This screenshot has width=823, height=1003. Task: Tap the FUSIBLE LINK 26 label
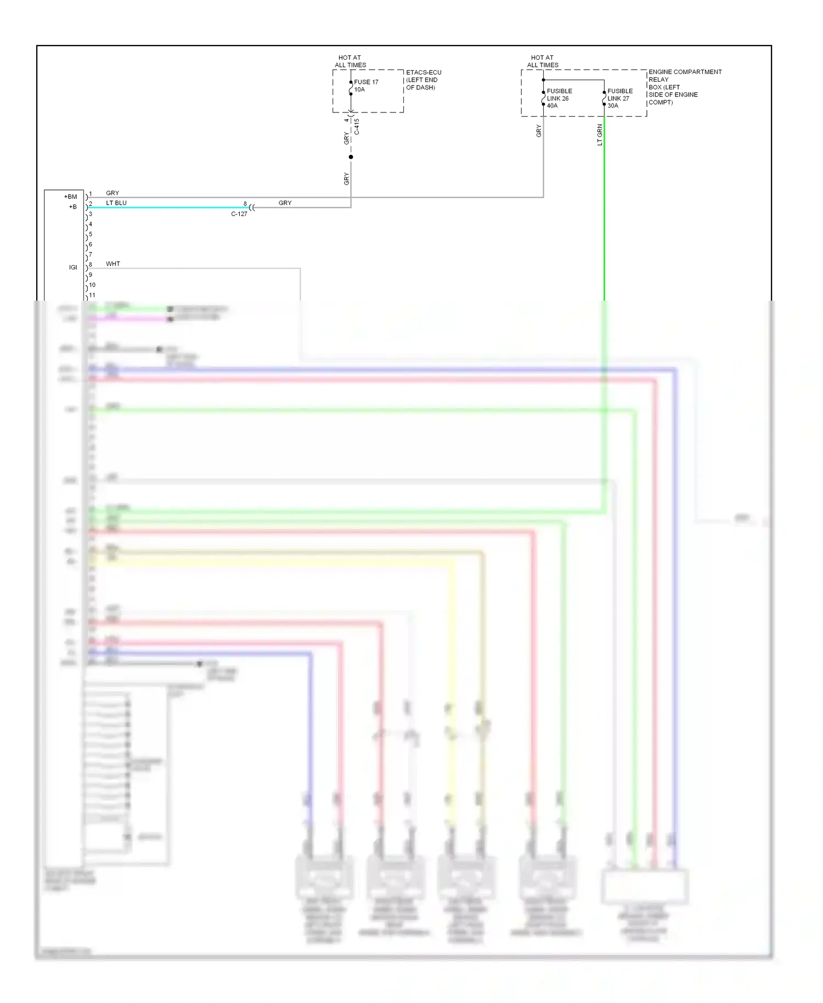click(x=559, y=98)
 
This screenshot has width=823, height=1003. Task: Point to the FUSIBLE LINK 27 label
click(x=619, y=98)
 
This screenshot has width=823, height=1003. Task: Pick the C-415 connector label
click(x=357, y=127)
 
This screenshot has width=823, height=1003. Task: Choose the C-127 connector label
click(x=239, y=214)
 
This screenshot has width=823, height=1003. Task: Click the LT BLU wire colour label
click(x=116, y=203)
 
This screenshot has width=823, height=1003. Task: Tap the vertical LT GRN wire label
click(x=600, y=135)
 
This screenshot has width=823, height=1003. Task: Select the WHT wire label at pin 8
click(x=113, y=264)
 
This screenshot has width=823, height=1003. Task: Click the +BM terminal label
click(x=71, y=196)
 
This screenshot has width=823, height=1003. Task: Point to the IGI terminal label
click(x=73, y=267)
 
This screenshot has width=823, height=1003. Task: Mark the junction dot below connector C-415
click(x=351, y=157)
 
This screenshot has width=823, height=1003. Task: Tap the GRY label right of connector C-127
click(x=285, y=203)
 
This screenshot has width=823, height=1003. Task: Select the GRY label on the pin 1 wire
click(x=112, y=193)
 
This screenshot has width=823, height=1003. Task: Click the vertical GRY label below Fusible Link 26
click(x=539, y=131)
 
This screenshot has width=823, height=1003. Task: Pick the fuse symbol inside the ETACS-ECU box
click(x=351, y=88)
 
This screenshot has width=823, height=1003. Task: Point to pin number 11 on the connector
click(x=92, y=295)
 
